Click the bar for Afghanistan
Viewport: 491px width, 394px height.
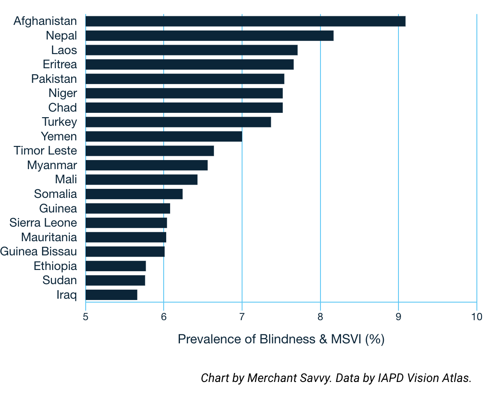click(245, 21)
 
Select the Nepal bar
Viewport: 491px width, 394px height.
click(209, 36)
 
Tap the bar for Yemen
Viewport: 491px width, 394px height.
click(164, 136)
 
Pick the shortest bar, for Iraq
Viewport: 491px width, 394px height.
click(111, 295)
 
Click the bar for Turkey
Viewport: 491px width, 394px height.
click(178, 122)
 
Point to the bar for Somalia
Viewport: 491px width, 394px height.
click(134, 194)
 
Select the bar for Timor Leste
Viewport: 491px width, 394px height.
click(150, 151)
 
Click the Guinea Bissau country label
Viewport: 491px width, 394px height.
click(39, 252)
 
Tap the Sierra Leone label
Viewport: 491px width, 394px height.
click(43, 223)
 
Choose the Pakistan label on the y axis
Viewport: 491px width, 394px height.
click(54, 79)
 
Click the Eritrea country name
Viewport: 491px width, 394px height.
click(60, 64)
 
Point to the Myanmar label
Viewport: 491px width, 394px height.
click(52, 165)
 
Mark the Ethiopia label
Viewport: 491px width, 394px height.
click(55, 266)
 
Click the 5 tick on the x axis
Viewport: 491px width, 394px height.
click(86, 317)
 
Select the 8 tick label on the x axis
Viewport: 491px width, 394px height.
click(320, 317)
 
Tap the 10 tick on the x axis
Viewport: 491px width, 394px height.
click(476, 317)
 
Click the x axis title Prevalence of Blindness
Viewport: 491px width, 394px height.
click(281, 339)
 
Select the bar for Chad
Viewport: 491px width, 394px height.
click(184, 108)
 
